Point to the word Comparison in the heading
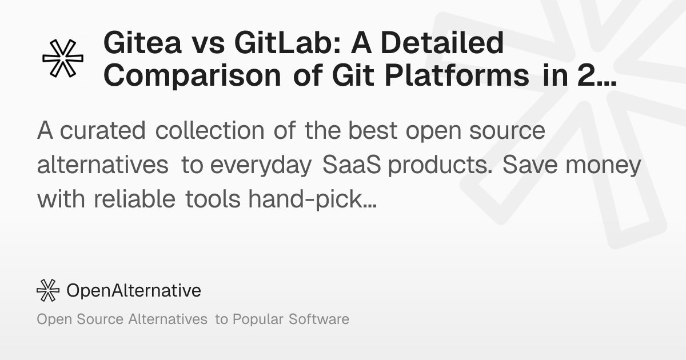pyautogui.click(x=192, y=76)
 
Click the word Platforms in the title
pyautogui.click(x=469, y=76)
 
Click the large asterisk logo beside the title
pyautogui.click(x=63, y=59)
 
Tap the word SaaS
pyautogui.click(x=354, y=166)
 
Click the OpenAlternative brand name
pyautogui.click(x=134, y=290)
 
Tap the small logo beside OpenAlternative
pyautogui.click(x=48, y=290)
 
